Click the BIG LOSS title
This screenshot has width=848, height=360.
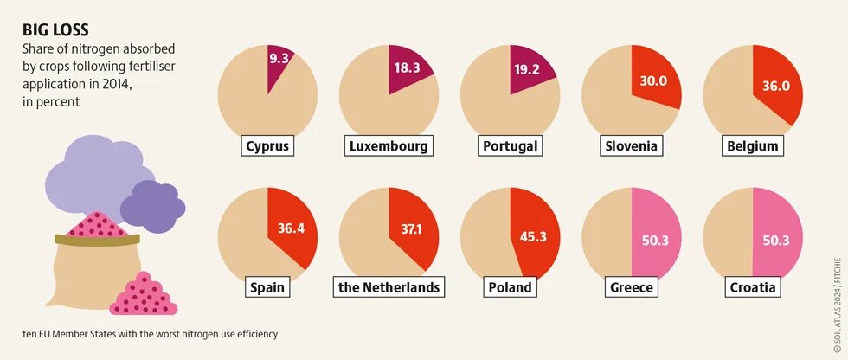tap(55, 29)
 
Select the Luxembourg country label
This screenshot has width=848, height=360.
tap(389, 146)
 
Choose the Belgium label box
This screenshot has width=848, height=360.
tap(752, 146)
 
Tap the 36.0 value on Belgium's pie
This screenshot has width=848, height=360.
tap(775, 86)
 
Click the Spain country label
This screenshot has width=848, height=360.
tap(267, 286)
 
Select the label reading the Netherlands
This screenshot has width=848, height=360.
tap(389, 286)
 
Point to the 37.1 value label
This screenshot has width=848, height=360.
tap(413, 229)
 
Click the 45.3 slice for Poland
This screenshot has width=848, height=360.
tap(532, 234)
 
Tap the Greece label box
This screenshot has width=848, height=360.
tap(631, 286)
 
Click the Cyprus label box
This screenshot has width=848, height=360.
tap(267, 146)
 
